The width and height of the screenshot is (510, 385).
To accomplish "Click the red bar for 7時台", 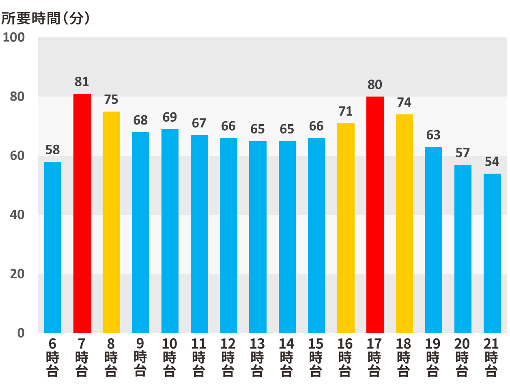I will click(82, 213).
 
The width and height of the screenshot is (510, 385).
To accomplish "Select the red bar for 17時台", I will click(375, 215).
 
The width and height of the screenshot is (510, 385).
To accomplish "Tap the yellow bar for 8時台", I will click(111, 222).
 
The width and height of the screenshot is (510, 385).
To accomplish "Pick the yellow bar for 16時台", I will click(346, 228).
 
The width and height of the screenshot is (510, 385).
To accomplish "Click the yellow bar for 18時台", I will click(404, 224).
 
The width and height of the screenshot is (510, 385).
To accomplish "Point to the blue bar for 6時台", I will click(53, 247).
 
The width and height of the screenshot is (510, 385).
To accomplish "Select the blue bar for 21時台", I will click(492, 253).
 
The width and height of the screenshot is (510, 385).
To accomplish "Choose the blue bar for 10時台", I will click(170, 231).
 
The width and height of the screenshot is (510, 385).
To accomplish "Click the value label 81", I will click(82, 82).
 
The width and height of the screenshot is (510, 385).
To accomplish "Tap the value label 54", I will click(492, 162).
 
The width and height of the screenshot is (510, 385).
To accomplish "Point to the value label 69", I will click(170, 117).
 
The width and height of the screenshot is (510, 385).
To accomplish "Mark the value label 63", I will click(433, 135).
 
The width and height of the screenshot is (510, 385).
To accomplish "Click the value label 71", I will click(346, 111).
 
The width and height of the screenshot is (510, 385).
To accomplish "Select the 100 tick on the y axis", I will click(14, 38).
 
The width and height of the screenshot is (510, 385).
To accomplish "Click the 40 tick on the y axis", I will click(17, 215).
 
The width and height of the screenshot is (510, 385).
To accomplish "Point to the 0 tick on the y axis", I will click(21, 333).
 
